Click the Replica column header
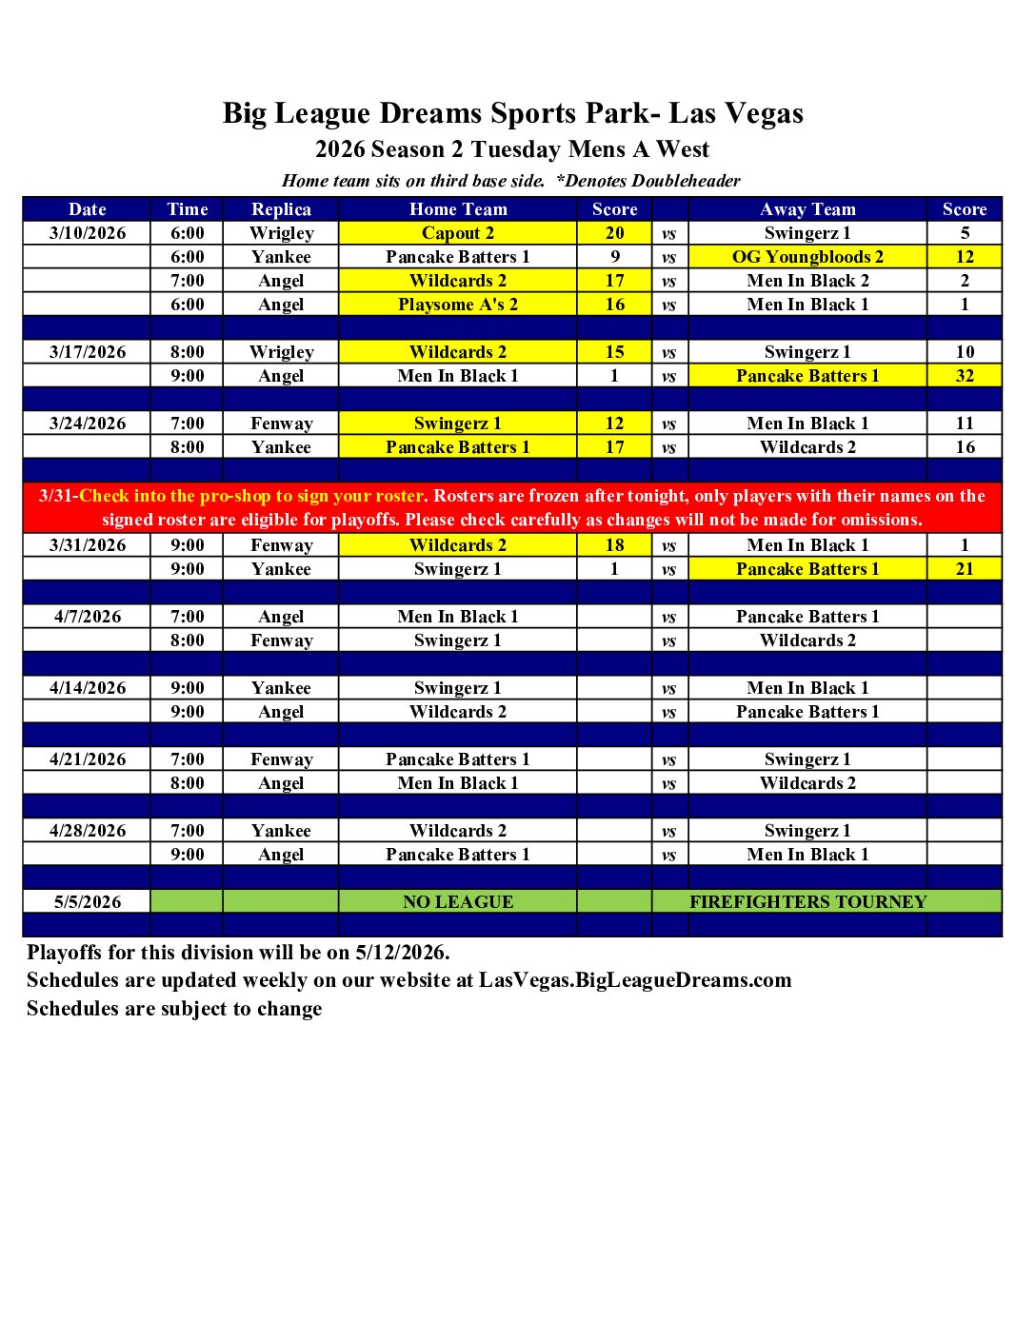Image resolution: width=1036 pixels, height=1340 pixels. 281,209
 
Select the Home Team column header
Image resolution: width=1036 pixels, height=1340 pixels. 458,209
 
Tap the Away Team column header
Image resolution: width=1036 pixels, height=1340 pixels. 807,209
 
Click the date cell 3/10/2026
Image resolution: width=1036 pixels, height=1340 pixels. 88,233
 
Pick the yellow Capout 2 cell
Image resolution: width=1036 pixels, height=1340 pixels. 458,233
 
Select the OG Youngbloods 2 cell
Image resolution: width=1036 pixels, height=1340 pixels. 807,257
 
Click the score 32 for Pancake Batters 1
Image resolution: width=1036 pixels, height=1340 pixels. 965,376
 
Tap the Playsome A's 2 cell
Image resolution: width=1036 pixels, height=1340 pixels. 458,305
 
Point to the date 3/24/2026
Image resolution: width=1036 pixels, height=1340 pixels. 88,424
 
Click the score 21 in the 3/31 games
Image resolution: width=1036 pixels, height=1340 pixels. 965,569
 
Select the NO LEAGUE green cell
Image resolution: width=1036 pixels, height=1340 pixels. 458,902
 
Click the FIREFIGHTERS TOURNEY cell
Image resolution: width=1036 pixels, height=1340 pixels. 807,902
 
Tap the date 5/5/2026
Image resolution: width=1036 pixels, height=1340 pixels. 88,902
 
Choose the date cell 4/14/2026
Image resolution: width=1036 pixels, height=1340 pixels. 88,688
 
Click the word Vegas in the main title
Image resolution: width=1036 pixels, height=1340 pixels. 763,114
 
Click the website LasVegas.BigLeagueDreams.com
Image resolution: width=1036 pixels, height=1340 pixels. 635,980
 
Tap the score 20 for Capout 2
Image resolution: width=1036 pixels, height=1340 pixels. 614,233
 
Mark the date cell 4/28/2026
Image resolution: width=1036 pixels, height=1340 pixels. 88,831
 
